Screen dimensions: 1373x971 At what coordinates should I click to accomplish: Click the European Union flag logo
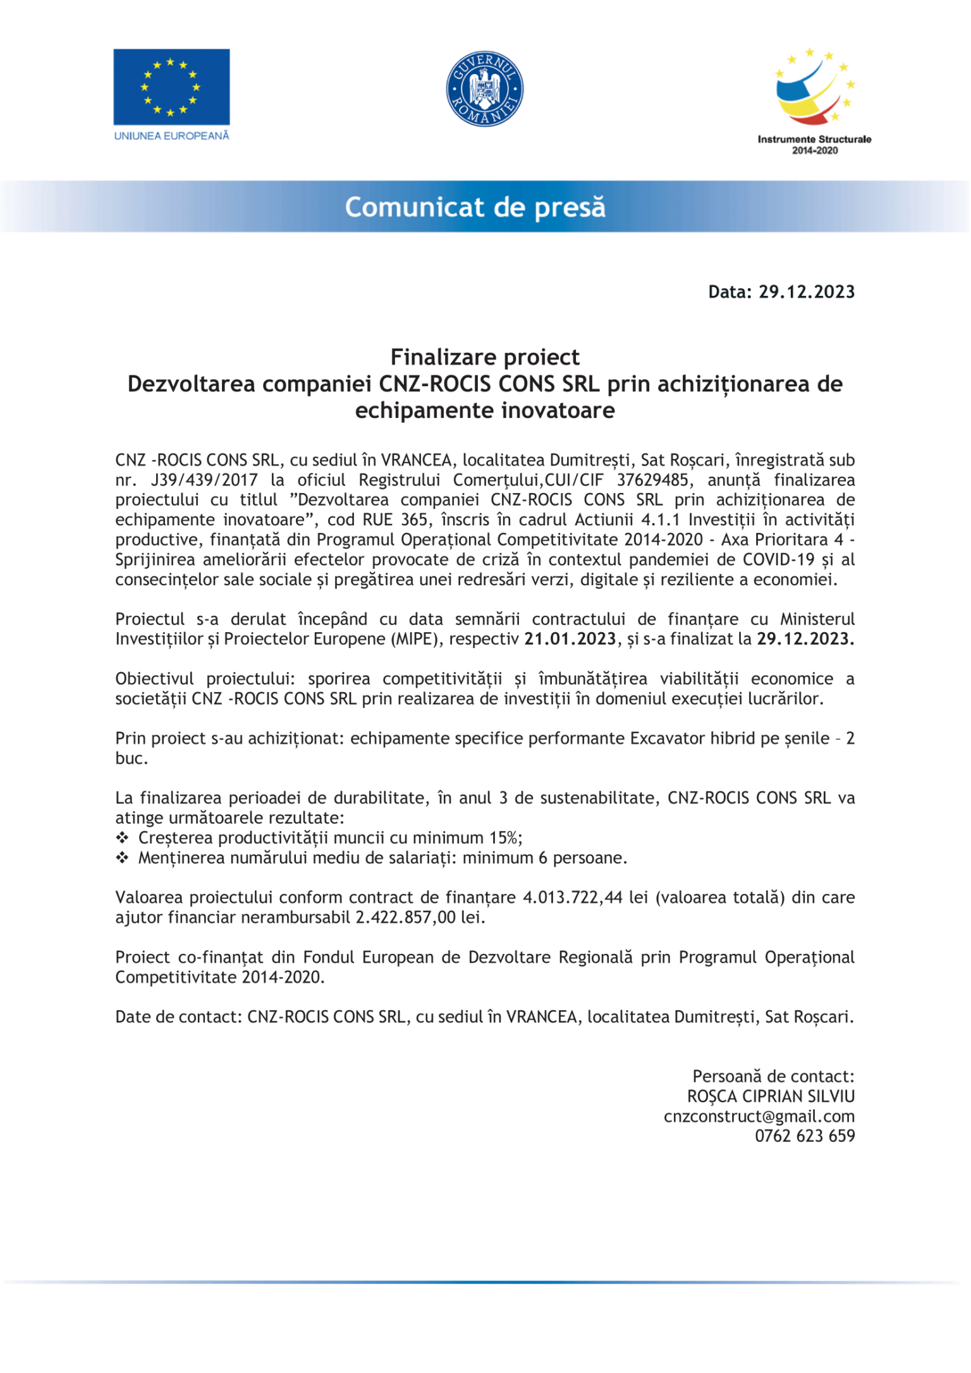click(171, 87)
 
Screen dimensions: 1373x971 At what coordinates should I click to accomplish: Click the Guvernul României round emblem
click(485, 88)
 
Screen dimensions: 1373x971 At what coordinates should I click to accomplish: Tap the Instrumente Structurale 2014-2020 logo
click(814, 101)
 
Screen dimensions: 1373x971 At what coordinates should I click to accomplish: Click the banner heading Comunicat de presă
click(475, 207)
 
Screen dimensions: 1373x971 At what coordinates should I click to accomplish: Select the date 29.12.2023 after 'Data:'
click(807, 292)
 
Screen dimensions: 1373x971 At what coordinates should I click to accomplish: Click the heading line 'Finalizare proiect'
click(485, 357)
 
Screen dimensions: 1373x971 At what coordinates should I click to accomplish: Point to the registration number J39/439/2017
click(204, 480)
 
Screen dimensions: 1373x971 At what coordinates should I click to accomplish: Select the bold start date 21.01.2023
click(570, 639)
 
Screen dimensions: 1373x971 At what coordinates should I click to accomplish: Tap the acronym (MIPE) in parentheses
click(420, 639)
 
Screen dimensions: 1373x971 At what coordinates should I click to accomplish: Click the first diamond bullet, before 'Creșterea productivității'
click(122, 838)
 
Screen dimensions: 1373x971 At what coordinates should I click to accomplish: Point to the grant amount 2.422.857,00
click(405, 918)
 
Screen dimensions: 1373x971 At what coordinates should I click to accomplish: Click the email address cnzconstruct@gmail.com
click(759, 1116)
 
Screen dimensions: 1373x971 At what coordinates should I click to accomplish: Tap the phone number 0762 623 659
click(804, 1137)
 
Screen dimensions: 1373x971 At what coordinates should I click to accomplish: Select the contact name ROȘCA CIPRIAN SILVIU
click(771, 1097)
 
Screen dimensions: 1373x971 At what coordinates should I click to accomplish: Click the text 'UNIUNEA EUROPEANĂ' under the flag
click(171, 136)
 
